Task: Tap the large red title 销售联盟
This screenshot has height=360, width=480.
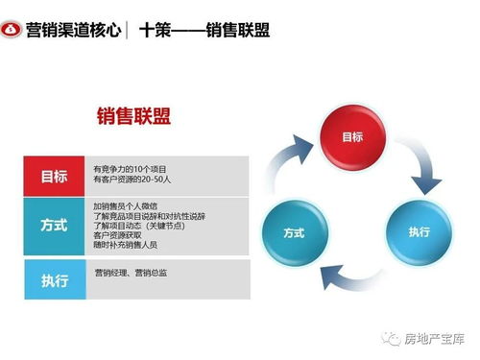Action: pos(134,117)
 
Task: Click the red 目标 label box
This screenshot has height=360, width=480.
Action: pos(55,175)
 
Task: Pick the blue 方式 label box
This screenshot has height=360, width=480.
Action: pos(55,227)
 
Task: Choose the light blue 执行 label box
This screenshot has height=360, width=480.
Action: pos(55,280)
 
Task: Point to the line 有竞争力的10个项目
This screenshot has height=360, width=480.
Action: pos(130,167)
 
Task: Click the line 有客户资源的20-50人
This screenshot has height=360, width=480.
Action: pos(132,180)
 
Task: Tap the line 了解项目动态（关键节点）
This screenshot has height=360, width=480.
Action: pos(139,226)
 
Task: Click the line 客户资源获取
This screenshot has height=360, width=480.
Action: pos(117,235)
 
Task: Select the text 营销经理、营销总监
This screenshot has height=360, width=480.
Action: pos(130,275)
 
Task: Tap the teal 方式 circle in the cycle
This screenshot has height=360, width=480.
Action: pos(295,231)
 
